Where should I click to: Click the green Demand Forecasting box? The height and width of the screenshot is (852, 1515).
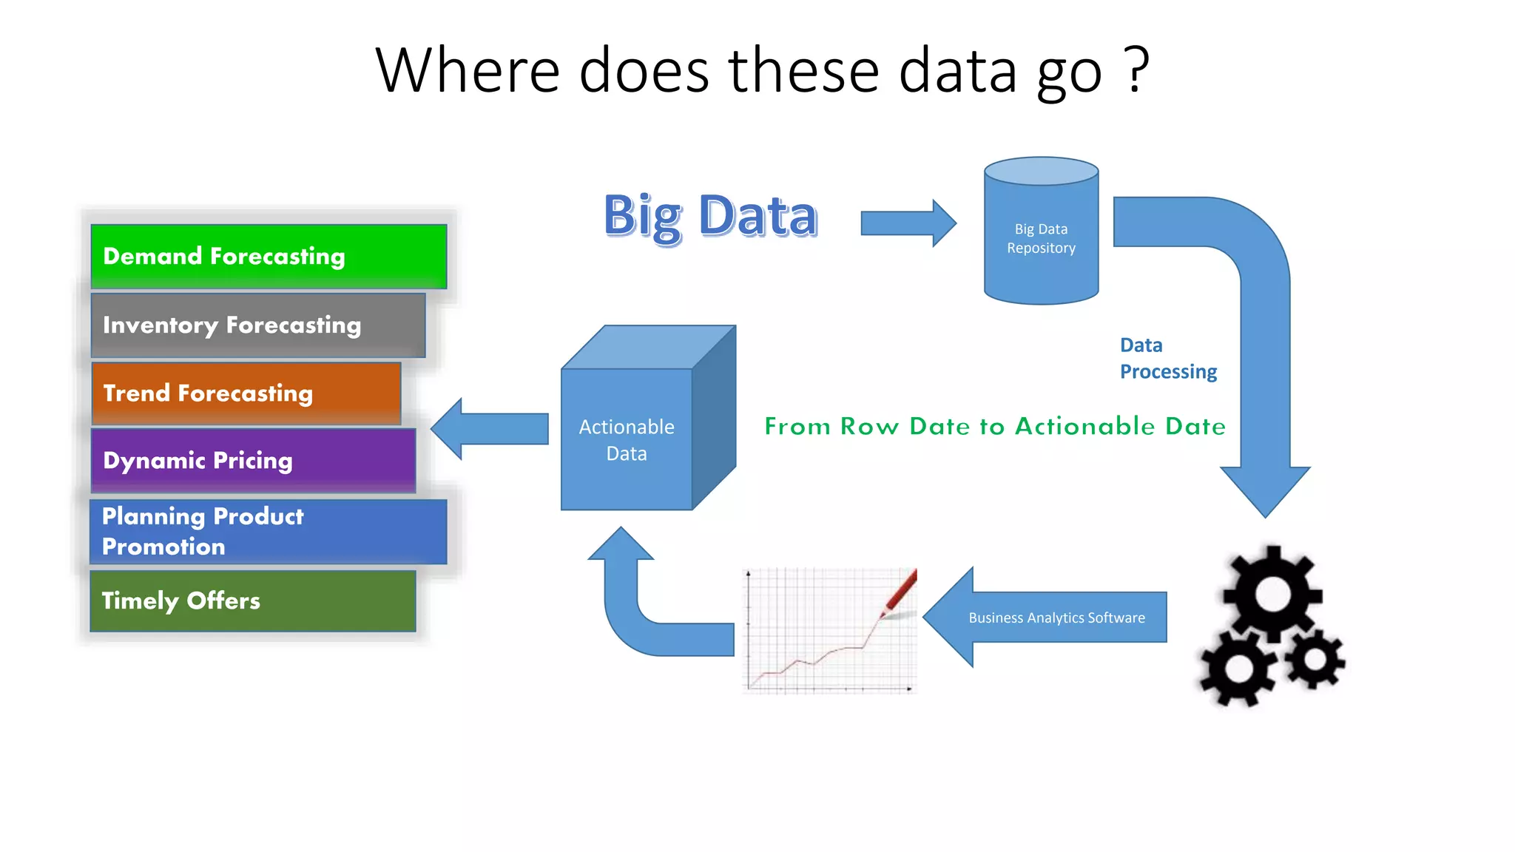click(268, 256)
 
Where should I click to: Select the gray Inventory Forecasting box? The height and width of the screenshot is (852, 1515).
click(257, 325)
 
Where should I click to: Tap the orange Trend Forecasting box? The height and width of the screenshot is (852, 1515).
click(246, 393)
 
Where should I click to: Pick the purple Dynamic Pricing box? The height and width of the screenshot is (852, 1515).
click(253, 461)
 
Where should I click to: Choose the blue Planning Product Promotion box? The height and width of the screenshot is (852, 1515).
click(268, 531)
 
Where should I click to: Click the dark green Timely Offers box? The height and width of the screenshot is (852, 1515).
click(253, 601)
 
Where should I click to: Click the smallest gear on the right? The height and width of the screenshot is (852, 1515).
click(1315, 657)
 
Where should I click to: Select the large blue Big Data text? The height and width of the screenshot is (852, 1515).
click(710, 216)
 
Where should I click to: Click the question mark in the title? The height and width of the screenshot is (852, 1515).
click(1136, 70)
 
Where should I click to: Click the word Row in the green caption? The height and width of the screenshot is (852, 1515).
click(869, 426)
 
